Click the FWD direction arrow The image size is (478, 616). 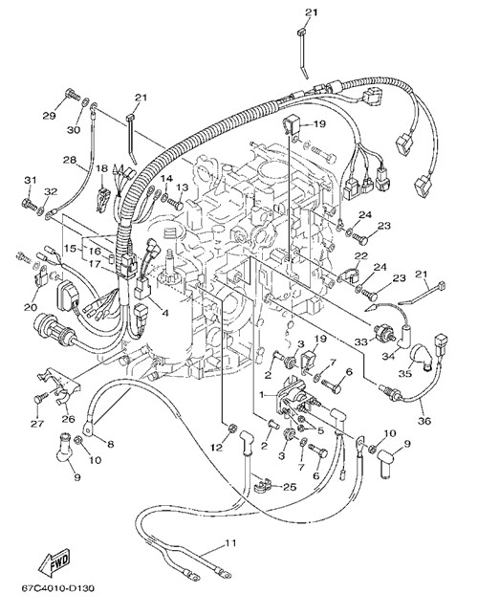point(54,561)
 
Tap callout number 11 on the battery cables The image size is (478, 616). point(230,542)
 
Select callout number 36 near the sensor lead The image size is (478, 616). point(424,421)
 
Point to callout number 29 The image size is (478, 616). point(49,116)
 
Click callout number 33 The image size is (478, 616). point(361,342)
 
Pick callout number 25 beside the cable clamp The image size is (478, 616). point(290,487)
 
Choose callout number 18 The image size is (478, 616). point(101,168)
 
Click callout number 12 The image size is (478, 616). point(217,447)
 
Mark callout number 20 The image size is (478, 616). point(31,307)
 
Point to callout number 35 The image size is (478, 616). point(405,373)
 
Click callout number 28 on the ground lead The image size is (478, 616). point(71,160)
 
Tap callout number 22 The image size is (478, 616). point(360,256)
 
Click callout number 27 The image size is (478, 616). point(37,424)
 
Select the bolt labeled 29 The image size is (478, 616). point(71,95)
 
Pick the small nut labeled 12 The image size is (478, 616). point(231,428)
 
